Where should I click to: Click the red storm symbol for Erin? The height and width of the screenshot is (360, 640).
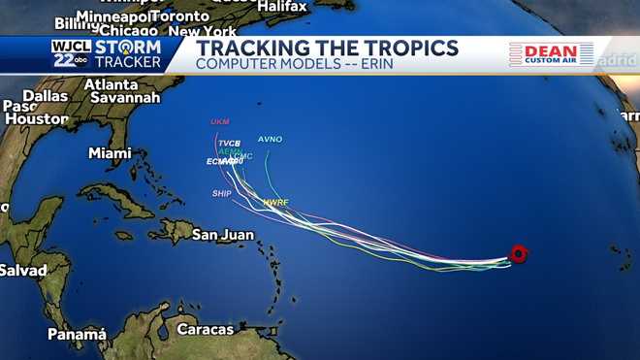[519, 254]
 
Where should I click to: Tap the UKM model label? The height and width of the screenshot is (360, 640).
[220, 121]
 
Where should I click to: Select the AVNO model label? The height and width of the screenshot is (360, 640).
[270, 139]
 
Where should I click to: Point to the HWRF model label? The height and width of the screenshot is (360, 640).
[276, 202]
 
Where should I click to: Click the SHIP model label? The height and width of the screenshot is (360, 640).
[222, 193]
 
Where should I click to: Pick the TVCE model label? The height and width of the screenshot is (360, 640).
[229, 144]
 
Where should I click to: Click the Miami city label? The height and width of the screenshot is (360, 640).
[110, 153]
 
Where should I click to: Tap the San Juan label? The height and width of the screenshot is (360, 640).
[222, 234]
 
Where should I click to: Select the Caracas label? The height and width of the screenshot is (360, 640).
[205, 329]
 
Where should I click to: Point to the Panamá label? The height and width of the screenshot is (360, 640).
[77, 335]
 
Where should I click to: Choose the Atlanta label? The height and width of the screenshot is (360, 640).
[111, 84]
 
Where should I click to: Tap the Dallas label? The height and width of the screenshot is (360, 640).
[45, 96]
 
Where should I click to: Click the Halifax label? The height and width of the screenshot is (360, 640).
[281, 7]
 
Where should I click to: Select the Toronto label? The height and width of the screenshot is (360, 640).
[180, 16]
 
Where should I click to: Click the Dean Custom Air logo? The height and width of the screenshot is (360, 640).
[551, 54]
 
